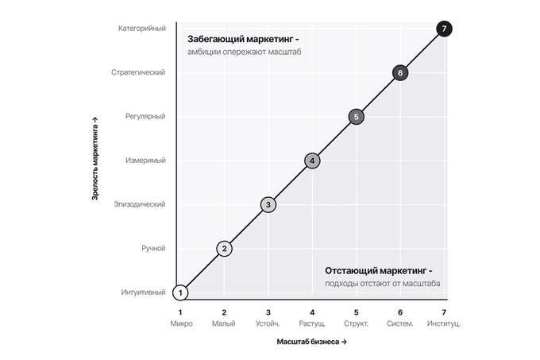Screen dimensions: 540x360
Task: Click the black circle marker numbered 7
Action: click(444, 29)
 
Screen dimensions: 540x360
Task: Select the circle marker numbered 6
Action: click(400, 72)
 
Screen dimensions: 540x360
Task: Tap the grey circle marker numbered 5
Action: click(356, 117)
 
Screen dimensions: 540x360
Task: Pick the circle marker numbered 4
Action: click(312, 161)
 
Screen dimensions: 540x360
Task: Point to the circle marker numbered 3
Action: click(268, 204)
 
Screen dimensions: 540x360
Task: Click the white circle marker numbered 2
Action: click(224, 249)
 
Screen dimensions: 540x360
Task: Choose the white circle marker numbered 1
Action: click(180, 292)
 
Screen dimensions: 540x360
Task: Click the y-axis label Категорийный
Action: click(142, 29)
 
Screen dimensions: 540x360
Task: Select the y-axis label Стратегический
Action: click(138, 72)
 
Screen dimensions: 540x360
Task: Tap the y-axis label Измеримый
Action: click(145, 161)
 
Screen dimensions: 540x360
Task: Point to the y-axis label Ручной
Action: click(153, 248)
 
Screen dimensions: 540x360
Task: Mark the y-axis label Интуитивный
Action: click(143, 292)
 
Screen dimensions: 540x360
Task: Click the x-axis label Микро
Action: click(181, 323)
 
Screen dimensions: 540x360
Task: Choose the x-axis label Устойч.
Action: click(268, 323)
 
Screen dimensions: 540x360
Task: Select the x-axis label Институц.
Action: click(444, 323)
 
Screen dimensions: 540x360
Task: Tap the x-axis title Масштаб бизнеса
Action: click(308, 342)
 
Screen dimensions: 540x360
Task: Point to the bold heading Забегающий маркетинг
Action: click(240, 39)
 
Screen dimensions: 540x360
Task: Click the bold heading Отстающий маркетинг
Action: click(376, 271)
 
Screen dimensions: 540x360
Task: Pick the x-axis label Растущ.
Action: click(312, 323)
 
